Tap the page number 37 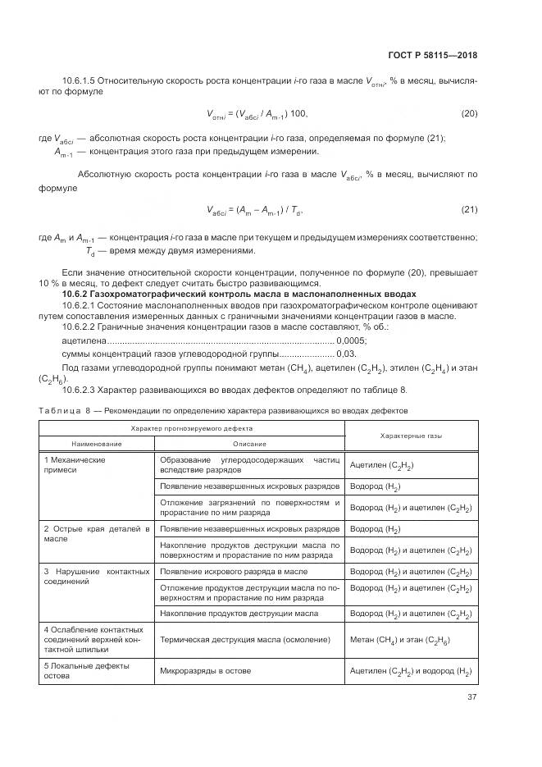pos(471,697)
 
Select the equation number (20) pos(469,112)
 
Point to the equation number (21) pos(469,210)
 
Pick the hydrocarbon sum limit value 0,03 pos(347,354)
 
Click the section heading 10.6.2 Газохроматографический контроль pos(239,294)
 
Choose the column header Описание pos(248,443)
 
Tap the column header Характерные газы pos(411,436)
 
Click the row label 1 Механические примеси pos(75,465)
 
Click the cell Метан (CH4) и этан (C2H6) pos(400,640)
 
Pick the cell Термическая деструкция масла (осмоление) pos(245,640)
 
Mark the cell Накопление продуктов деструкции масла pos(239,613)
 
